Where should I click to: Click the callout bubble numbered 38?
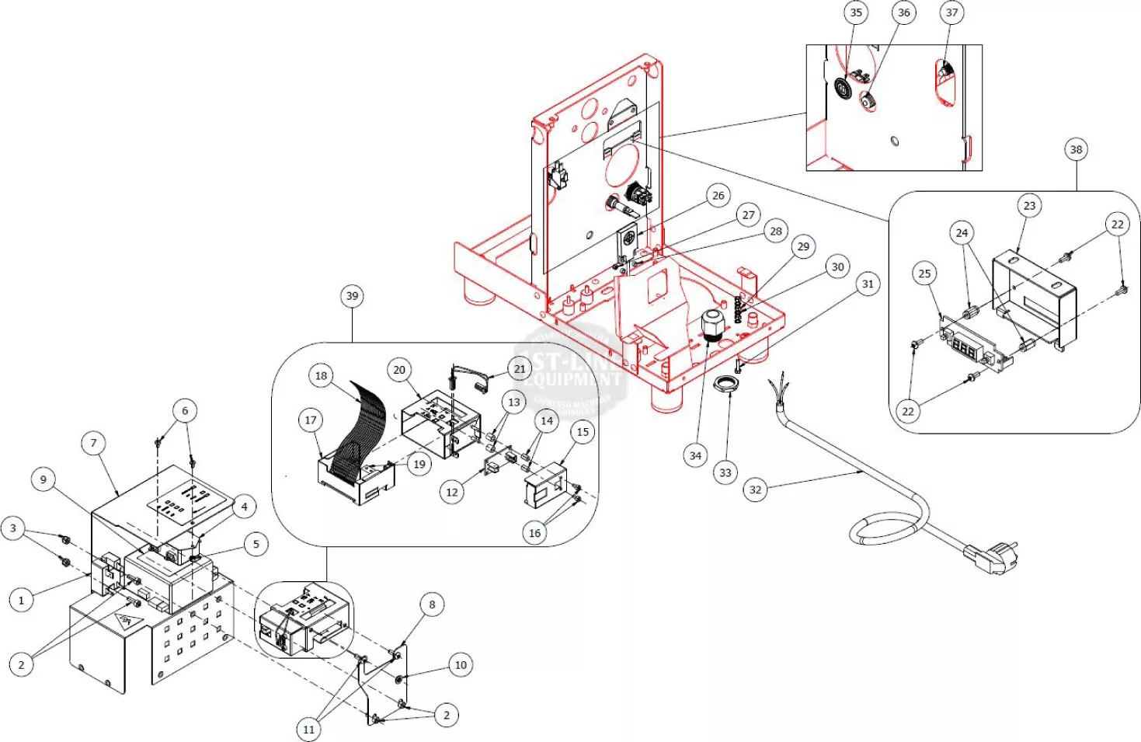tap(1076, 150)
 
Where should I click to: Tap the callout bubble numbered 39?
tap(352, 296)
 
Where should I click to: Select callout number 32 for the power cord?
tap(755, 489)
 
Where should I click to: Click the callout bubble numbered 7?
tap(94, 444)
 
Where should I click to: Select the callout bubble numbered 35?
tap(856, 12)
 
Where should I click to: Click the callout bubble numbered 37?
tap(951, 12)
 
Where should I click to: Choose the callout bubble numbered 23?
tap(1029, 206)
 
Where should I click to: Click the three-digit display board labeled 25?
tap(968, 347)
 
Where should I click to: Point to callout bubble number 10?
tap(461, 665)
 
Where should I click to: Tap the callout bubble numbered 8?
tap(432, 604)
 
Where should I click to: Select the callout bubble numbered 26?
tap(718, 196)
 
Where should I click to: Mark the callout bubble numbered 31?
tap(868, 284)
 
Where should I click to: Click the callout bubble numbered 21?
tap(520, 369)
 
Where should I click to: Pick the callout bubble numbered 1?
tap(21, 600)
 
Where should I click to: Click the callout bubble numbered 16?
tap(534, 533)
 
